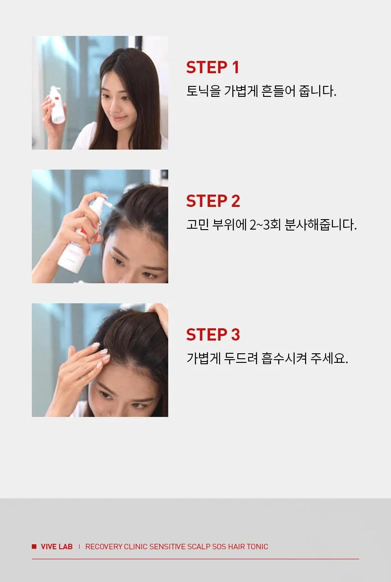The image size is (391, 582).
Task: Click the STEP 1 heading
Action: (212, 67)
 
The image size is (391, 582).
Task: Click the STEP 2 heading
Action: (213, 201)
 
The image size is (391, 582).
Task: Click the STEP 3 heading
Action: (213, 334)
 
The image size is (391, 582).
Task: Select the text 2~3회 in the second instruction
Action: (265, 225)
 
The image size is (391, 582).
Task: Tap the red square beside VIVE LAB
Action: (34, 547)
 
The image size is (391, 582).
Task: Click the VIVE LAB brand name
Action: (57, 547)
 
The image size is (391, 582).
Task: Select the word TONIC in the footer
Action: (257, 547)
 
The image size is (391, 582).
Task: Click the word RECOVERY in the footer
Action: (104, 547)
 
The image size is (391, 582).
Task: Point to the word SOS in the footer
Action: (219, 547)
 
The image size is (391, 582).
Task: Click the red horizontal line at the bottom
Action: (195, 559)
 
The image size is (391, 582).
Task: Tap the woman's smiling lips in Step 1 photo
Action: (119, 118)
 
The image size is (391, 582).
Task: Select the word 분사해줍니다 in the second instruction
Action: (321, 225)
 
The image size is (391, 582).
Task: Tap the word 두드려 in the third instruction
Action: (241, 358)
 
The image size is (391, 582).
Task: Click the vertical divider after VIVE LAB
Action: (79, 547)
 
